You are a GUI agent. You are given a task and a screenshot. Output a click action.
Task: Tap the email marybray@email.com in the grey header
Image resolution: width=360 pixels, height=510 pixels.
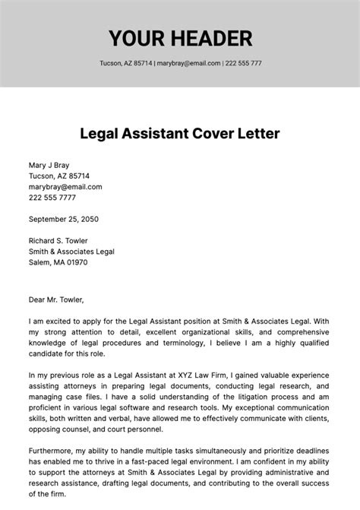pyautogui.click(x=188, y=63)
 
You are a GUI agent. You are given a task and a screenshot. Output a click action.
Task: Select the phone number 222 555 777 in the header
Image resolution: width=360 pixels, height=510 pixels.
pyautogui.click(x=244, y=63)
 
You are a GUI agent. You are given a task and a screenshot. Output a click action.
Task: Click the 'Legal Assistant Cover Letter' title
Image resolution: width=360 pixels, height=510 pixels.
pyautogui.click(x=180, y=134)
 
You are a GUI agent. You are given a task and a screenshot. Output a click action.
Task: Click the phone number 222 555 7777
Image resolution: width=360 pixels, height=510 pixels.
pyautogui.click(x=52, y=197)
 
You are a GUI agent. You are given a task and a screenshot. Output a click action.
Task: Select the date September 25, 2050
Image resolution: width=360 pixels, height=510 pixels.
pyautogui.click(x=64, y=219)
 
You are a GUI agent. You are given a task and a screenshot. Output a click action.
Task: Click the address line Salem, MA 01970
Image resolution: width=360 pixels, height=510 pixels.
pyautogui.click(x=58, y=262)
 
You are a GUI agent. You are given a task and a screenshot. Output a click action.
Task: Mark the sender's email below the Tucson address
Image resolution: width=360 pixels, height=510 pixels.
pyautogui.click(x=65, y=186)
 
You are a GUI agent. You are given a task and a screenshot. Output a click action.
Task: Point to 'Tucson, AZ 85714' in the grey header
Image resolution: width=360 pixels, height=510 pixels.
pyautogui.click(x=125, y=63)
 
